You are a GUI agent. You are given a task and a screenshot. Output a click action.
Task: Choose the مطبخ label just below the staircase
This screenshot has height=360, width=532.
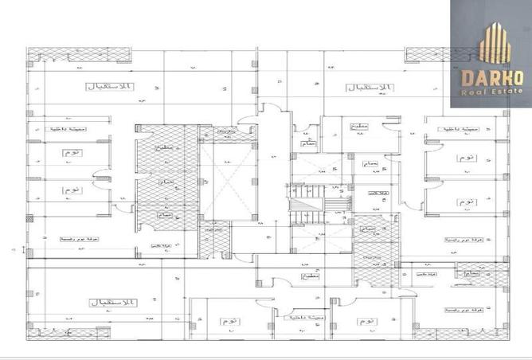point(307,276)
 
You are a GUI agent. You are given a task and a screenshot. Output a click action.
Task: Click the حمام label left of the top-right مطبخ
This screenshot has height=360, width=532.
point(308,144)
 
